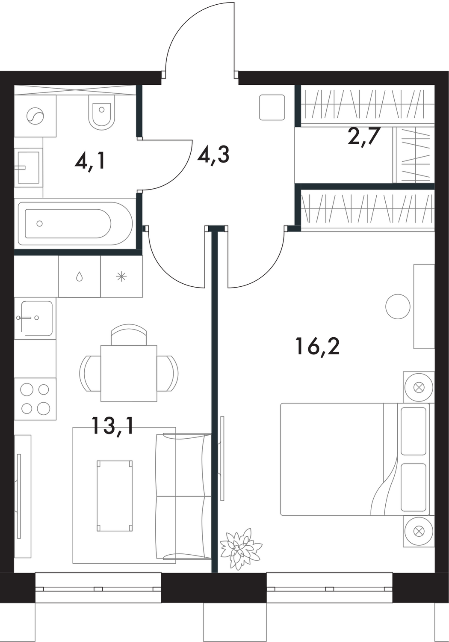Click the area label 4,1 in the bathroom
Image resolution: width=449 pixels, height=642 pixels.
[90, 162]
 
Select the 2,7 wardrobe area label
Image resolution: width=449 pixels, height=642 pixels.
[363, 137]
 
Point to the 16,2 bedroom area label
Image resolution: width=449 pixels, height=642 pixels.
[317, 346]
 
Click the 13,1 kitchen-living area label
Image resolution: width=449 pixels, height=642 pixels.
[112, 425]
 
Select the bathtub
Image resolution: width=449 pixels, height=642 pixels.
[74, 223]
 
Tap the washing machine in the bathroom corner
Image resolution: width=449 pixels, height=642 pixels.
[35, 116]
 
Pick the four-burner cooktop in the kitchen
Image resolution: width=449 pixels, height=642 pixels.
[35, 399]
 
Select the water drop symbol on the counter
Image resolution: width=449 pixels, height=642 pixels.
[79, 277]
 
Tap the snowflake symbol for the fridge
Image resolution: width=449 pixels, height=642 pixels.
[121, 277]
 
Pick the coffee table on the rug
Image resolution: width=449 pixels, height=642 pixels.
[115, 496]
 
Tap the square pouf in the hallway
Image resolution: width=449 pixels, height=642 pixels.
[272, 107]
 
